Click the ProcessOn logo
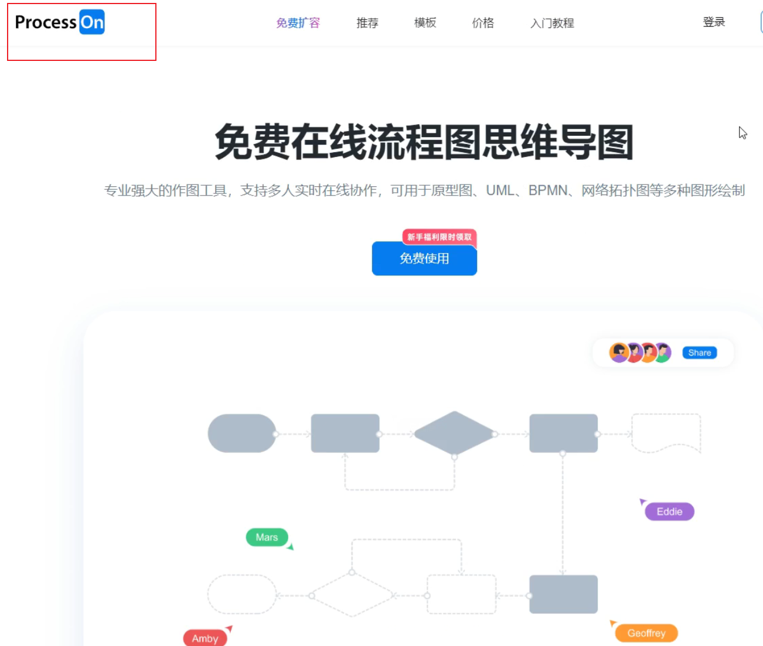click(x=60, y=22)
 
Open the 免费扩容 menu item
click(x=298, y=23)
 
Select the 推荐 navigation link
click(x=367, y=23)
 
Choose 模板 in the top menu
click(x=425, y=23)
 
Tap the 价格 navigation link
click(x=483, y=23)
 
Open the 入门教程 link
click(x=552, y=23)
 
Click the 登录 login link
click(x=714, y=22)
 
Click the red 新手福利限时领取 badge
click(x=439, y=237)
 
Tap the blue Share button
click(x=700, y=353)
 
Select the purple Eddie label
click(x=669, y=512)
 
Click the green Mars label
click(x=267, y=537)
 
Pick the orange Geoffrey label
click(x=646, y=633)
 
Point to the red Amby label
click(x=205, y=638)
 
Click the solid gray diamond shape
click(x=454, y=433)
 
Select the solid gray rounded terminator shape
click(x=242, y=433)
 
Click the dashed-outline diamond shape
click(x=352, y=596)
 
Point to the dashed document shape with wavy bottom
click(x=666, y=433)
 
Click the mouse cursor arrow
click(x=742, y=133)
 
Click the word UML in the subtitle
click(x=500, y=190)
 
